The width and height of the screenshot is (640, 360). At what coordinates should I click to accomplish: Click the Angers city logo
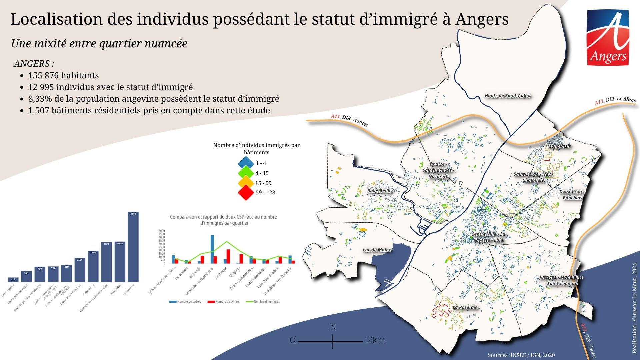point(608,37)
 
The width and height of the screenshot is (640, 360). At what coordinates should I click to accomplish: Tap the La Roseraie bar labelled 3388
point(133,247)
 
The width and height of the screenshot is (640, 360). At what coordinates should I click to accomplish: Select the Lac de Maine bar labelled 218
point(13,280)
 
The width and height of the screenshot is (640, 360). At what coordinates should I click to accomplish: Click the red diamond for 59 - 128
point(246,193)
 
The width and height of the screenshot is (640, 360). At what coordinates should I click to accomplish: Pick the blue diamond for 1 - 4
point(246,163)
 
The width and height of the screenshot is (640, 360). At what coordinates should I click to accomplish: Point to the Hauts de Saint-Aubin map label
point(507,96)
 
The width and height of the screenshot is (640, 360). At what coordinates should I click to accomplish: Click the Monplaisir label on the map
point(559,146)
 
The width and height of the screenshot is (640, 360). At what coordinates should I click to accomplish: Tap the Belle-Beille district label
point(379,191)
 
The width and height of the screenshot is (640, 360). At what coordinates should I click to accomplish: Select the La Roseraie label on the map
point(465,307)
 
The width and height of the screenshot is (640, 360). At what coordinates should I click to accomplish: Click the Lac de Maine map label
point(377,250)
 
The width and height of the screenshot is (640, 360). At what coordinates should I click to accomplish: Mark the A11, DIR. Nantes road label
point(349,120)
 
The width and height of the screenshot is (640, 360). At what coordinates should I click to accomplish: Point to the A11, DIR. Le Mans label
point(615,100)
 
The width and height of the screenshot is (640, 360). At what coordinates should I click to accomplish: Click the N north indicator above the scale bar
point(333,326)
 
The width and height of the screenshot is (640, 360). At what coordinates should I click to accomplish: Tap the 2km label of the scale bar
point(376,340)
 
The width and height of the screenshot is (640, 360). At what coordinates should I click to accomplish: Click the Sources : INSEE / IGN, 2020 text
point(521,355)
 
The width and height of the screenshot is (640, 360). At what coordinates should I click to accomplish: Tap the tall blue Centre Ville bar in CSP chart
point(212,249)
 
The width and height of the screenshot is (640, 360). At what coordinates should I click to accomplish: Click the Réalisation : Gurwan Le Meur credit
point(634,308)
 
